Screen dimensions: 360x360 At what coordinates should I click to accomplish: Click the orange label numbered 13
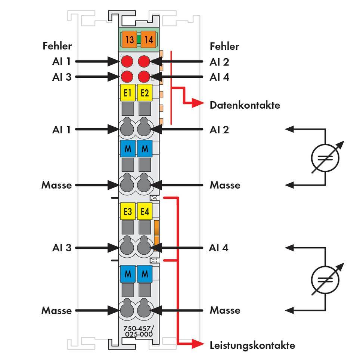pyautogui.click(x=130, y=39)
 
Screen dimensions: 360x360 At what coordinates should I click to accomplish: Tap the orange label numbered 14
pyautogui.click(x=148, y=39)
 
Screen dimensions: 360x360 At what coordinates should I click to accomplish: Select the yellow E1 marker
pyautogui.click(x=128, y=93)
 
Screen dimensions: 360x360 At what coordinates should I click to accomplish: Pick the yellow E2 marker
pyautogui.click(x=145, y=93)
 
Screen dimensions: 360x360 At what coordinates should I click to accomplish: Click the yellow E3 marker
pyautogui.click(x=128, y=211)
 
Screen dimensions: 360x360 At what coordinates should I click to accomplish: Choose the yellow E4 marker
pyautogui.click(x=145, y=211)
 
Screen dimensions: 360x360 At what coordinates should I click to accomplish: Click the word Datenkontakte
pyautogui.click(x=245, y=105)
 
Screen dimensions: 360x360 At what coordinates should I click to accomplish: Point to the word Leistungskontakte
pyautogui.click(x=252, y=345)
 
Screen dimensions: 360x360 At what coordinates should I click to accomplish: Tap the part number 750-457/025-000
pyautogui.click(x=138, y=331)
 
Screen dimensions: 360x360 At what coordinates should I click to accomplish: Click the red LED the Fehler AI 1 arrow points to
pyautogui.click(x=128, y=61)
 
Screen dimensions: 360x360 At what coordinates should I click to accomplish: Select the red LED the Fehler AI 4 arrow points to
pyautogui.click(x=144, y=77)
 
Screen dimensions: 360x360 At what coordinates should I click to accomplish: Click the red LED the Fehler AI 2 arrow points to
pyautogui.click(x=144, y=61)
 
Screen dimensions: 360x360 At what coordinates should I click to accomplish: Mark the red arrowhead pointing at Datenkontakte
pyautogui.click(x=198, y=104)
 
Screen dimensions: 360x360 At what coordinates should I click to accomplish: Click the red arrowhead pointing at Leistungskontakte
pyautogui.click(x=198, y=344)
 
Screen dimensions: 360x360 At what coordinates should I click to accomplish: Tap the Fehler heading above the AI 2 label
pyautogui.click(x=224, y=46)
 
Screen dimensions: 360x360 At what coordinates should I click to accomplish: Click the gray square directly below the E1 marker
pyautogui.click(x=128, y=109)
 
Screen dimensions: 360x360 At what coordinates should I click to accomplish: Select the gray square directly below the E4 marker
pyautogui.click(x=145, y=227)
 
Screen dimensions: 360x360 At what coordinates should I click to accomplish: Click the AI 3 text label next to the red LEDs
pyautogui.click(x=62, y=77)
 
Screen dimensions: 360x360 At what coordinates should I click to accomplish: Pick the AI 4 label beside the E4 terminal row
pyautogui.click(x=219, y=248)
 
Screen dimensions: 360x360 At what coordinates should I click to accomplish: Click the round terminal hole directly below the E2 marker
pyautogui.click(x=145, y=128)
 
